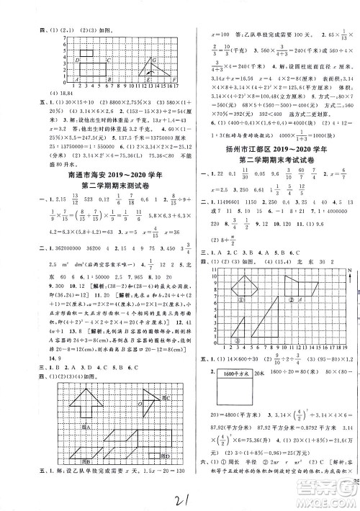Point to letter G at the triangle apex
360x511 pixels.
point(154,61)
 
